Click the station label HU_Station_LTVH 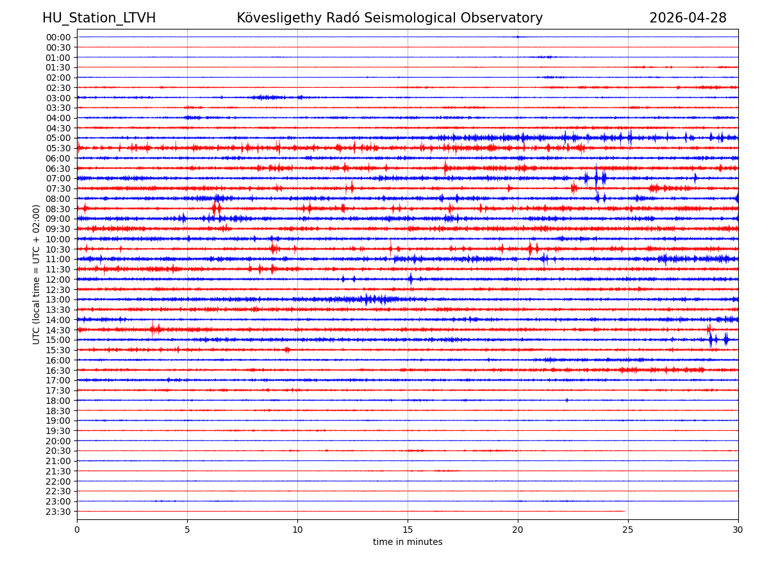pyautogui.click(x=99, y=18)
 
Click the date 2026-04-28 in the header pyautogui.click(x=688, y=18)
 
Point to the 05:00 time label pyautogui.click(x=58, y=138)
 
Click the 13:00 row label pyautogui.click(x=58, y=299)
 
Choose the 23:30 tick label pyautogui.click(x=58, y=512)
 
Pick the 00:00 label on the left pyautogui.click(x=58, y=37)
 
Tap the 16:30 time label pyautogui.click(x=58, y=371)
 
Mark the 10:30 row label pyautogui.click(x=58, y=249)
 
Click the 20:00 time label pyautogui.click(x=58, y=441)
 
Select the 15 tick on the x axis pyautogui.click(x=408, y=530)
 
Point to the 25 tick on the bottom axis pyautogui.click(x=628, y=530)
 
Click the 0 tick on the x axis pyautogui.click(x=77, y=530)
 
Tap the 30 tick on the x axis pyautogui.click(x=738, y=530)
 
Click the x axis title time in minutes pyautogui.click(x=408, y=542)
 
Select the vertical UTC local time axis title pyautogui.click(x=37, y=274)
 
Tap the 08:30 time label pyautogui.click(x=58, y=209)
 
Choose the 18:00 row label pyautogui.click(x=58, y=401)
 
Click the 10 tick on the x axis pyautogui.click(x=297, y=530)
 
